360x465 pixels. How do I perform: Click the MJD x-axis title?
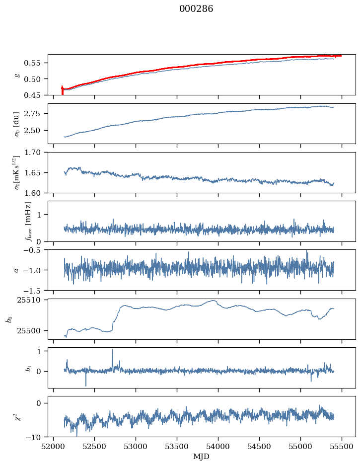[201, 456]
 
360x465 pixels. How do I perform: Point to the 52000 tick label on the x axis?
[54, 446]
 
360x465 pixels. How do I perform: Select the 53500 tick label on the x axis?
[177, 446]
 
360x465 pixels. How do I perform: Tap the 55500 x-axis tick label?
[342, 446]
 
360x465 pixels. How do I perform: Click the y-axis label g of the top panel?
[16, 75]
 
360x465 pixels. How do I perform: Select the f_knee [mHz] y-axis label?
[27, 221]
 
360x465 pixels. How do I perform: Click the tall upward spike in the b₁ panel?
[112, 350]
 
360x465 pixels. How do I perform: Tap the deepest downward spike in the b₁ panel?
[86, 386]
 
